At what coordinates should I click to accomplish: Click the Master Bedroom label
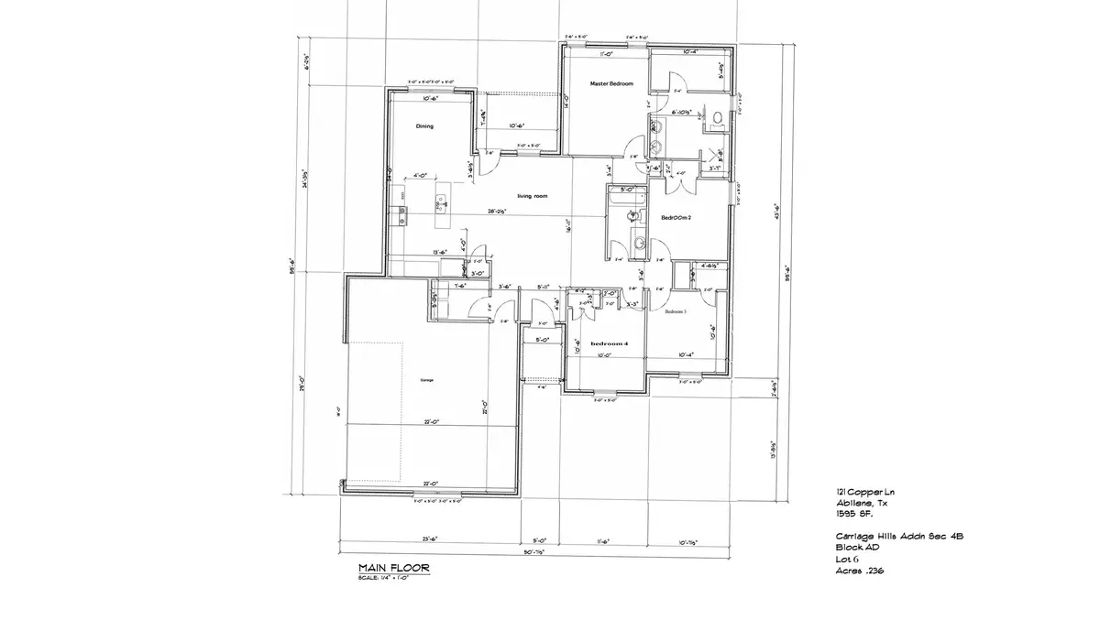point(611,83)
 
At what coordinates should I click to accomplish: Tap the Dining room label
point(424,126)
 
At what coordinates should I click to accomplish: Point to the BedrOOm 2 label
point(676,217)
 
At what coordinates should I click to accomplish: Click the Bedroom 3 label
point(676,311)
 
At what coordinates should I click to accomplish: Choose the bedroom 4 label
point(610,343)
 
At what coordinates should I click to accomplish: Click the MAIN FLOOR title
point(393,569)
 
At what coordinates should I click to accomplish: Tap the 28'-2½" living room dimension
point(499,211)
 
